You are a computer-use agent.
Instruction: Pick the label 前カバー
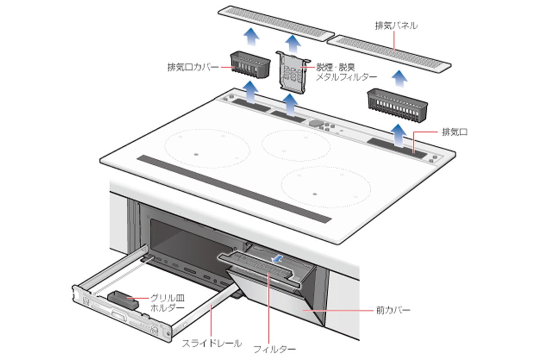pos(392,310)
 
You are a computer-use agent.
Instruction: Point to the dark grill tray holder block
pos(122,299)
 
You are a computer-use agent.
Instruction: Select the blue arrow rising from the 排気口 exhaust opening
pos(399,133)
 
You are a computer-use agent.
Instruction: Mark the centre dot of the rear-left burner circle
pos(196,154)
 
